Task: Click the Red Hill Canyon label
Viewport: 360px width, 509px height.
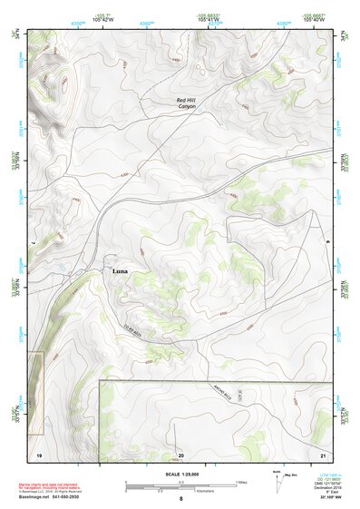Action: (x=186, y=102)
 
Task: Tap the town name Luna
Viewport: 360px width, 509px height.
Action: (x=120, y=271)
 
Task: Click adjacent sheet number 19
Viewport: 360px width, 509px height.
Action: (x=39, y=452)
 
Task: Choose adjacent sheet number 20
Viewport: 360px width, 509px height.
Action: (x=180, y=452)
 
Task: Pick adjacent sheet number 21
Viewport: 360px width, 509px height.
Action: (x=322, y=452)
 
